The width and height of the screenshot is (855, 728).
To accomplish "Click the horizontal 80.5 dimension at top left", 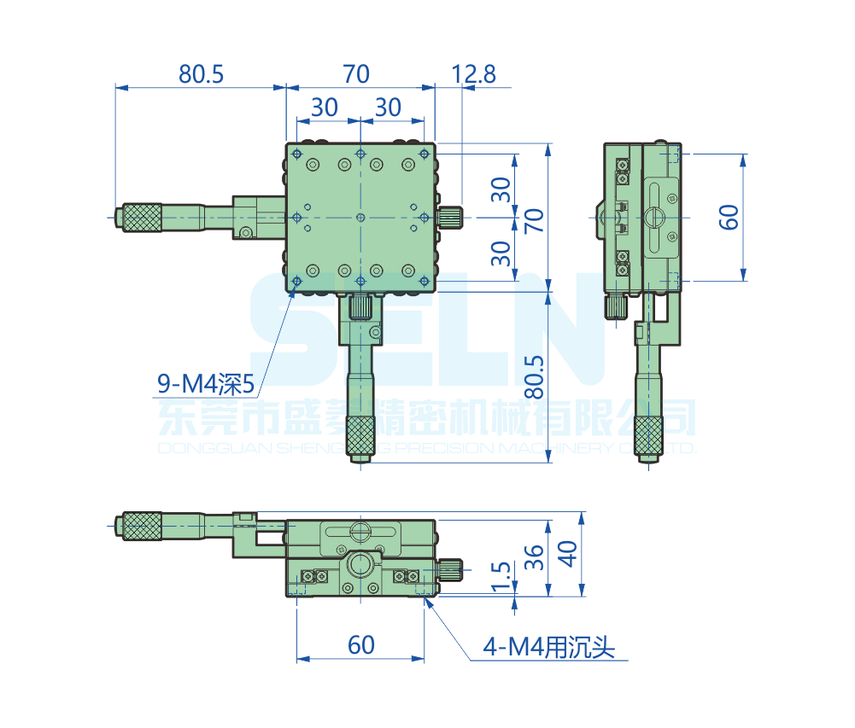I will (201, 74).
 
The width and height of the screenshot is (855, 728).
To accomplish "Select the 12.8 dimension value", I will (473, 74).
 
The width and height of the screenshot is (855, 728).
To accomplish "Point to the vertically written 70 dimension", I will (534, 218).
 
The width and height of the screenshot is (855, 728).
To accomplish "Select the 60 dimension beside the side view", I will (729, 217).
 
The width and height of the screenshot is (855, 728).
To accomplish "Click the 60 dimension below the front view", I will (361, 644).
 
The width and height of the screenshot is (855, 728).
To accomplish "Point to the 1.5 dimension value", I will (502, 576).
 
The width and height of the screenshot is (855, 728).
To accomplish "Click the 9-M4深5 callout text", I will (206, 385).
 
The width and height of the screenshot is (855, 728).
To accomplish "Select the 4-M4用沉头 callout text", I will (548, 649).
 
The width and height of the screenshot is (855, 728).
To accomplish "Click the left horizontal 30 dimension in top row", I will (325, 107).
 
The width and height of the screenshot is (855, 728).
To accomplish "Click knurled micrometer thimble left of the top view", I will (142, 217).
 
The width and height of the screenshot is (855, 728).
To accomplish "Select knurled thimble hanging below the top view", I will (360, 436).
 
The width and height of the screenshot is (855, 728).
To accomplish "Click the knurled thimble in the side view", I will (648, 436).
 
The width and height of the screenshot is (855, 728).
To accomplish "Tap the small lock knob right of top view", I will (451, 217).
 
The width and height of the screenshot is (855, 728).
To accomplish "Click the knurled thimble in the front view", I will (142, 526).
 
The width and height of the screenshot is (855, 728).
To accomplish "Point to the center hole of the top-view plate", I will (360, 218).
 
